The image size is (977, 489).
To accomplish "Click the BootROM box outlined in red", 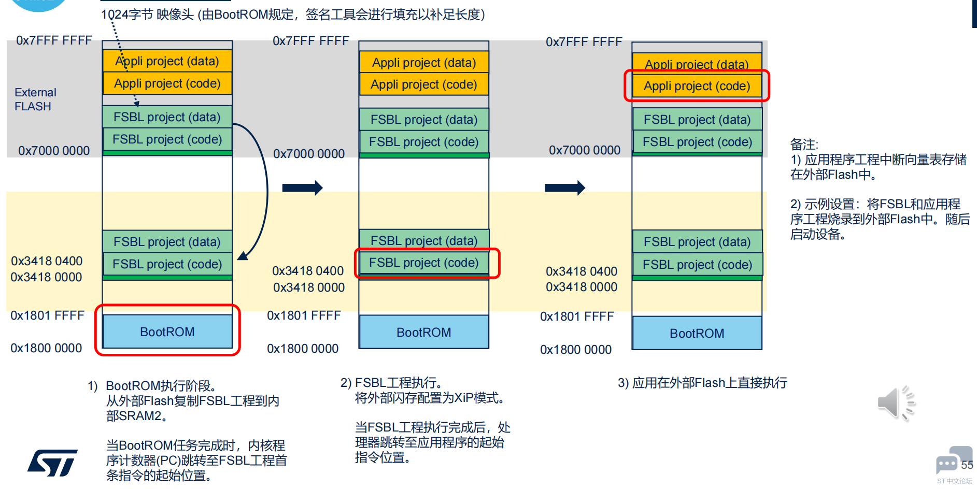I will pos(167,332).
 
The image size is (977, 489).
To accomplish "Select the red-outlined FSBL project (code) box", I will pos(424,263).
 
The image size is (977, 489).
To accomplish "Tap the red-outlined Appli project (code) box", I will pos(697,86).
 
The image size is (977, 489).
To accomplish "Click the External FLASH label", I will pos(35,99).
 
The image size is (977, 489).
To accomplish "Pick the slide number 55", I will pos(967,465).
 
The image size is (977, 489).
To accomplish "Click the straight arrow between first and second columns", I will pos(302,188).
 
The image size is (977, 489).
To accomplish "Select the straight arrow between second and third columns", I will pos(564,188).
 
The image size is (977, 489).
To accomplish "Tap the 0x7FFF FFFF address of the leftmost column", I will pos(54,40).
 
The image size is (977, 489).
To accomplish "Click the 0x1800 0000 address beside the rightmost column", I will pos(576,350).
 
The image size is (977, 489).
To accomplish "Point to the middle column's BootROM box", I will pos(424,332).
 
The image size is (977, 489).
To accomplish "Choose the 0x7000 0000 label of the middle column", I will pos(309,154).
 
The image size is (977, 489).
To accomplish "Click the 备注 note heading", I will pos(804,145).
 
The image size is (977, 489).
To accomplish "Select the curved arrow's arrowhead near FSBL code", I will pos(243,255).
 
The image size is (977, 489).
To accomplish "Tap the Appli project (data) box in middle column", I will pos(424,63).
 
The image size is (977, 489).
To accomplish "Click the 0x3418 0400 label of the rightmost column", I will pos(582,271).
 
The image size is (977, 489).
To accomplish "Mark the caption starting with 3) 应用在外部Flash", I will pos(702,383).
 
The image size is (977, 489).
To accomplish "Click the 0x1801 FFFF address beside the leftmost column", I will pos(47,315).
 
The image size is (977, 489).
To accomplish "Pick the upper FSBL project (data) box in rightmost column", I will pos(697,120).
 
